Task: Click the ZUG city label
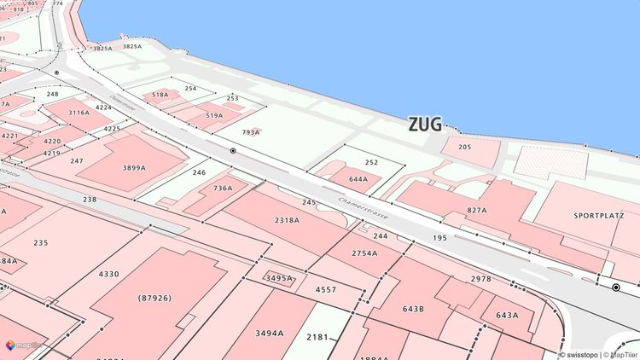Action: pyautogui.click(x=425, y=125)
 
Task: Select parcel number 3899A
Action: pyautogui.click(x=134, y=168)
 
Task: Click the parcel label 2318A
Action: pyautogui.click(x=287, y=219)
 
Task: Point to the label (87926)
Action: pyautogui.click(x=154, y=298)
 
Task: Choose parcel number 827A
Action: pyautogui.click(x=476, y=210)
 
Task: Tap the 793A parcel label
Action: pyautogui.click(x=251, y=132)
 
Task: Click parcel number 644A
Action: pyautogui.click(x=358, y=179)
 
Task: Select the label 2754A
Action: pyautogui.click(x=364, y=253)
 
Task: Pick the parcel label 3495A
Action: pyautogui.click(x=279, y=278)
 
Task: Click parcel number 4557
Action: pyautogui.click(x=326, y=290)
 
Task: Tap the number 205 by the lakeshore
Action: pyautogui.click(x=464, y=147)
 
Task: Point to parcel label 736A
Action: pyautogui.click(x=223, y=188)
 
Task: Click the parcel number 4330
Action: pyautogui.click(x=108, y=274)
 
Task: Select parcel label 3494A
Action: pyautogui.click(x=269, y=333)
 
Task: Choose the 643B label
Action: pyautogui.click(x=413, y=308)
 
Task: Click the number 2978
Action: pyautogui.click(x=480, y=279)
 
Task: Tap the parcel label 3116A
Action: pyautogui.click(x=79, y=113)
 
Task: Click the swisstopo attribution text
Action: pyautogui.click(x=577, y=354)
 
